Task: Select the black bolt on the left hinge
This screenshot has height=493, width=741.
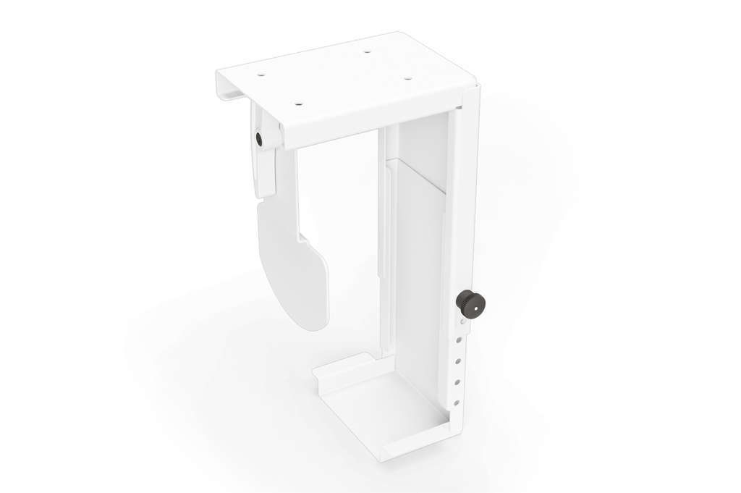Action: [260, 137]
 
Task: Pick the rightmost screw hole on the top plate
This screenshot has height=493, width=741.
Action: [407, 78]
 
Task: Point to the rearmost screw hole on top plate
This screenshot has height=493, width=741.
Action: [367, 52]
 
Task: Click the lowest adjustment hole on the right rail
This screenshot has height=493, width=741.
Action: [457, 403]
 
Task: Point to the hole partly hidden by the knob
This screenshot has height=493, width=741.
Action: [458, 319]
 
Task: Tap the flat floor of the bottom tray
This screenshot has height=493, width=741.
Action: [384, 405]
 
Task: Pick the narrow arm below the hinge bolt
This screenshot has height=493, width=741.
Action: [266, 174]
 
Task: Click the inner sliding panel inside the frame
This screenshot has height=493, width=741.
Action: [416, 253]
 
